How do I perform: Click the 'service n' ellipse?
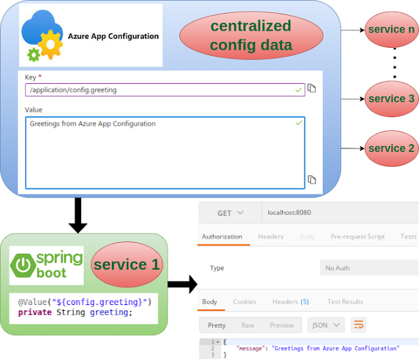[x=392, y=29]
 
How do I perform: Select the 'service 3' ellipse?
[x=392, y=99]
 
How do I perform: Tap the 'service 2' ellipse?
[x=392, y=149]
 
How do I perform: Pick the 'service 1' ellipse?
[x=127, y=264]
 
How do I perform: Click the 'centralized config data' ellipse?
[x=251, y=35]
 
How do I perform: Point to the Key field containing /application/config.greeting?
[x=165, y=90]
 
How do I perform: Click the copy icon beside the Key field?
[x=312, y=88]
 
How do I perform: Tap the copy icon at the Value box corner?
[x=312, y=179]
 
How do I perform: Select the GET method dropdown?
[x=230, y=213]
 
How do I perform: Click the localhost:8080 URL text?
[x=289, y=213]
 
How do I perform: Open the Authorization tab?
[x=222, y=236]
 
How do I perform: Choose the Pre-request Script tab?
[x=357, y=236]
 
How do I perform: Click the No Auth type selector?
[x=369, y=268]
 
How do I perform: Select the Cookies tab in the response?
[x=244, y=302]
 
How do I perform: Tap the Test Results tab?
[x=345, y=302]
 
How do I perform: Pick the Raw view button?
[x=247, y=325]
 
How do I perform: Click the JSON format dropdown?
[x=326, y=325]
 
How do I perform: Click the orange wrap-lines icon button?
[x=358, y=325]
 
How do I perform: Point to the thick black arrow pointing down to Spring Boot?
[x=78, y=215]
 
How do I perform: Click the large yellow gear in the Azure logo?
[x=50, y=45]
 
